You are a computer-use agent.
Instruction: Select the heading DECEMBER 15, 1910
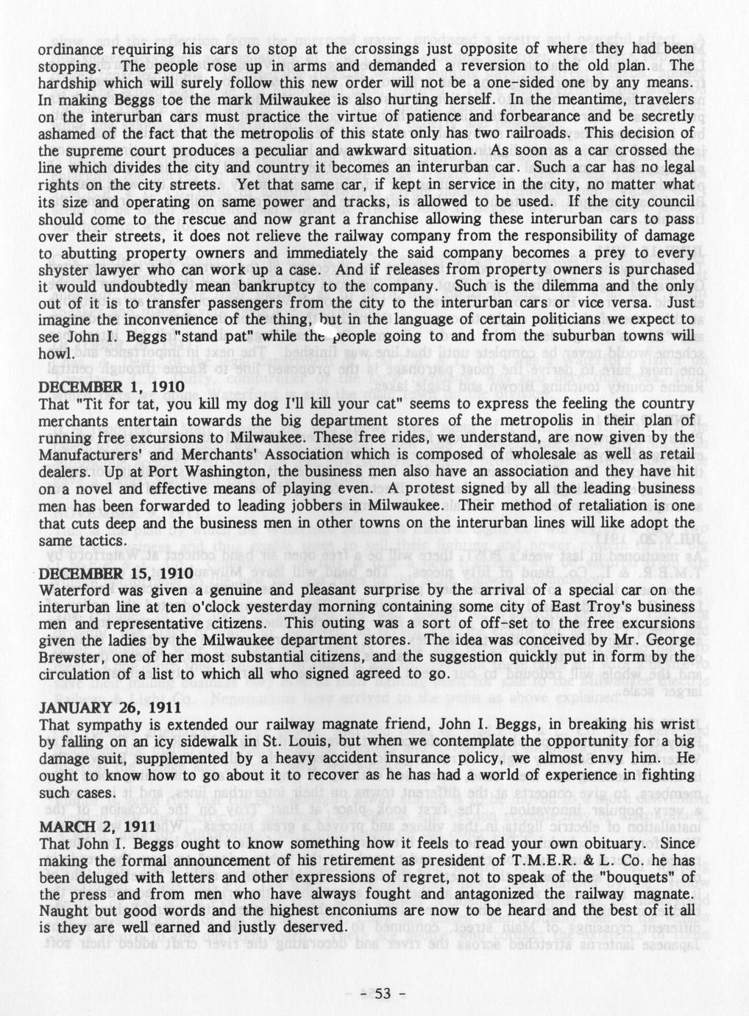[116, 573]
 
